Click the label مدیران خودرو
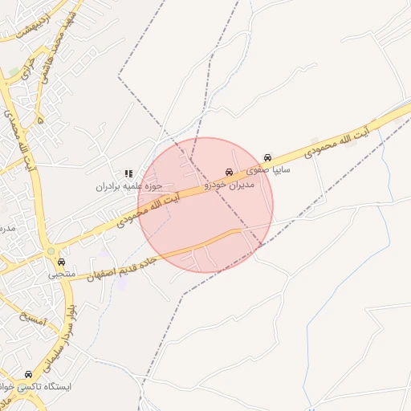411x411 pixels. pos(230,185)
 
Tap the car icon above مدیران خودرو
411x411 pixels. pos(230,173)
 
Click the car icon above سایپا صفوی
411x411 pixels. pos(268,158)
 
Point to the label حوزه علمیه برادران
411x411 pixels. pos(119,186)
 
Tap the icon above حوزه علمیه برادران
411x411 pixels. pos(128,173)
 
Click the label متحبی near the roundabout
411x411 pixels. pos(62,275)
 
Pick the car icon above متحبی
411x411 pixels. pos(62,262)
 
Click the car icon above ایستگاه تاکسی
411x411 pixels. pos(30,374)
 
